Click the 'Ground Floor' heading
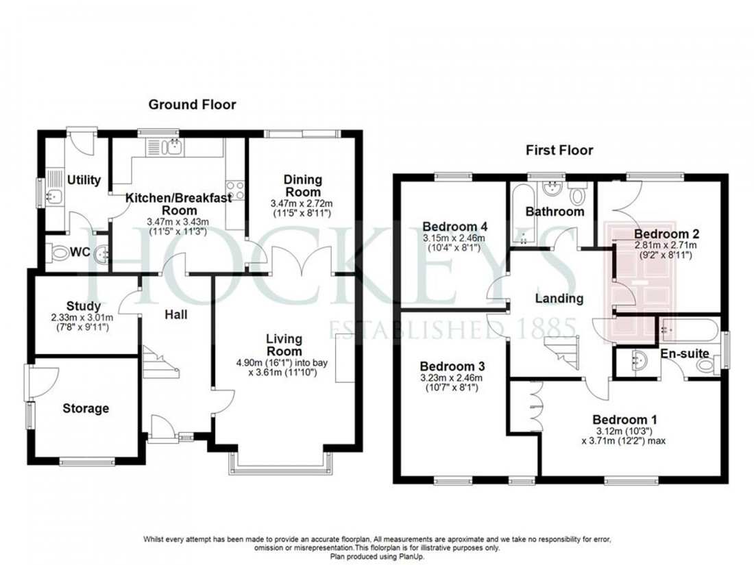(x=192, y=105)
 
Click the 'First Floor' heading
(x=559, y=150)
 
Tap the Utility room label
(x=84, y=180)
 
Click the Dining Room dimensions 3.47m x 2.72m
(x=302, y=203)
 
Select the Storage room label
(x=86, y=409)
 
